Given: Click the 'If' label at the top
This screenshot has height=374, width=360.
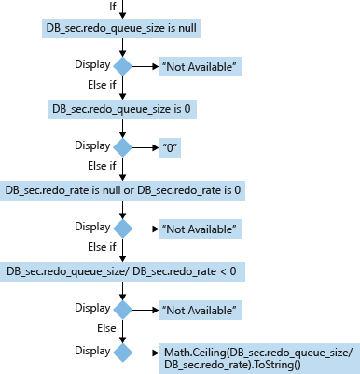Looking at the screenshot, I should [x=114, y=7].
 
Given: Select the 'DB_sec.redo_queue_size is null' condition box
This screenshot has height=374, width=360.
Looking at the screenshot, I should [x=122, y=28].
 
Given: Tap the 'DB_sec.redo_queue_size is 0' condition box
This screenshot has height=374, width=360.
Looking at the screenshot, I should [x=122, y=109].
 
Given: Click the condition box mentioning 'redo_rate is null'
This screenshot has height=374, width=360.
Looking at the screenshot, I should [x=123, y=190].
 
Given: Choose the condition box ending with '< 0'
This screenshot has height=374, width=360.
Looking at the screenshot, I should [x=122, y=271].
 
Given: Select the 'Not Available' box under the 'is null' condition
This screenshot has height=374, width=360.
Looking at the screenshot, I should [x=200, y=67].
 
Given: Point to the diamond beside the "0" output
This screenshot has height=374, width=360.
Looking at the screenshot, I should [x=122, y=147].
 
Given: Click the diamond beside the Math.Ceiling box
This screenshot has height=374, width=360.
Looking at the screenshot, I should [x=122, y=352].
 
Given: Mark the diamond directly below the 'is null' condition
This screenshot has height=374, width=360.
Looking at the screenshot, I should [x=122, y=66].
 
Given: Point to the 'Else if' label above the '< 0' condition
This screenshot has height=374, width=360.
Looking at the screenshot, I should [x=101, y=247].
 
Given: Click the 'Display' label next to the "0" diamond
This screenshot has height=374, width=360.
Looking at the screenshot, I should [x=91, y=145].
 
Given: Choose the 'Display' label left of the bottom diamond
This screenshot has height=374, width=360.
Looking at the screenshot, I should [x=91, y=350].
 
